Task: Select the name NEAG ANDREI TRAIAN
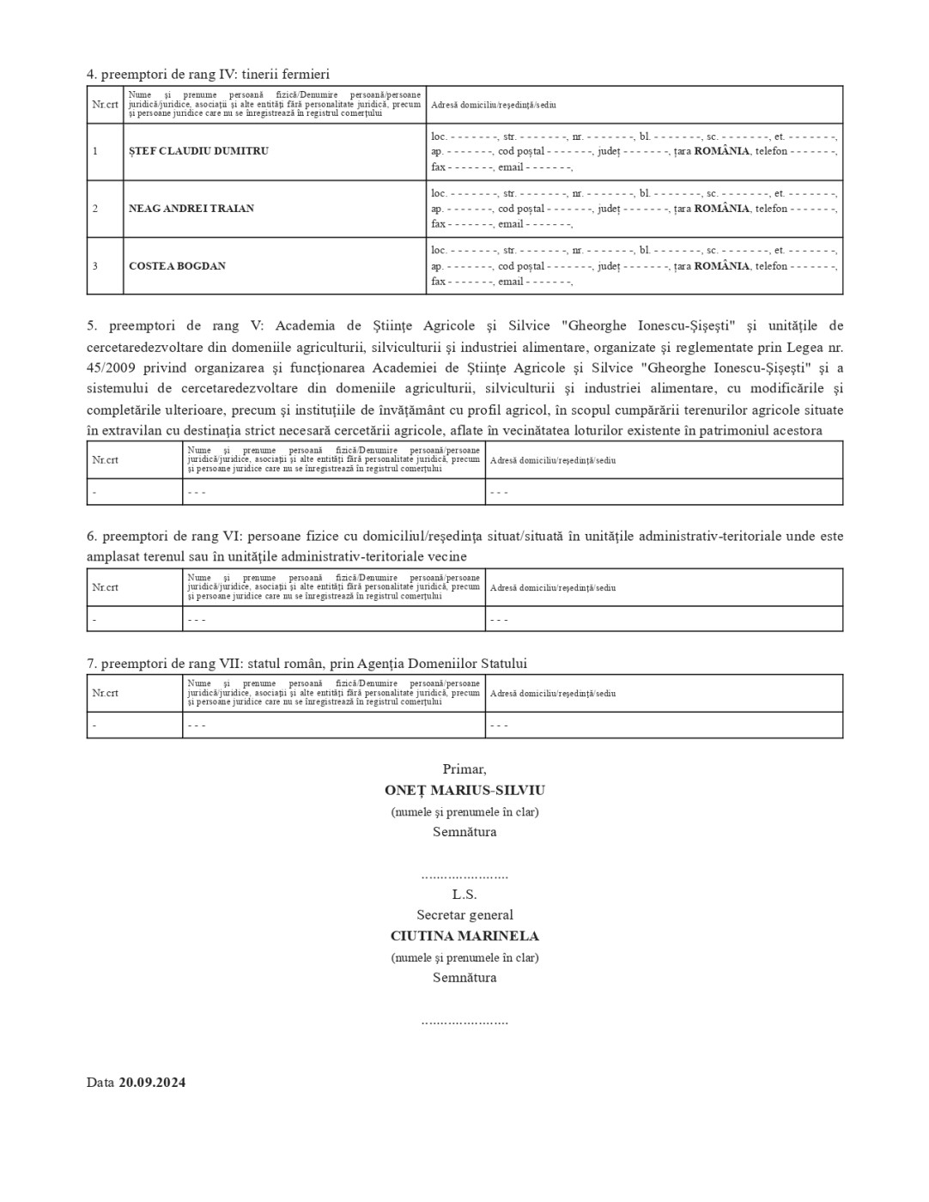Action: click(191, 209)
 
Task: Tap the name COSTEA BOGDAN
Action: click(177, 266)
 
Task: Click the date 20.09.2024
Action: click(152, 1082)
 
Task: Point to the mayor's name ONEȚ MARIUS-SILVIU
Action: click(464, 790)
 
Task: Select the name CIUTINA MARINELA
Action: click(464, 936)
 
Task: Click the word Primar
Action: click(464, 769)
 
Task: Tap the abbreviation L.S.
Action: click(464, 894)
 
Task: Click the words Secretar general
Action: click(464, 915)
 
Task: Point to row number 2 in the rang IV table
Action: click(95, 209)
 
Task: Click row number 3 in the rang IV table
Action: click(95, 266)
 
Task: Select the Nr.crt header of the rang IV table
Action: click(105, 105)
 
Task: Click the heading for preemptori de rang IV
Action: click(208, 75)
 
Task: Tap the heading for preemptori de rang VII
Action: click(307, 664)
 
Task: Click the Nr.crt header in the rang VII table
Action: click(105, 693)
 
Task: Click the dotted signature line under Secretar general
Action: click(464, 1022)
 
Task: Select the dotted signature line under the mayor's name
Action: click(464, 876)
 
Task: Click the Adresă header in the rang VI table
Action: click(552, 588)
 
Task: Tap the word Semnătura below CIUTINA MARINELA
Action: click(464, 977)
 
